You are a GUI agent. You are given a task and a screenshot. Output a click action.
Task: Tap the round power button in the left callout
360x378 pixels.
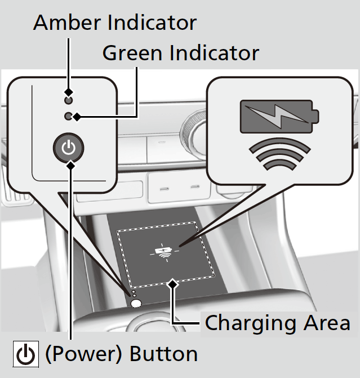coord(68,148)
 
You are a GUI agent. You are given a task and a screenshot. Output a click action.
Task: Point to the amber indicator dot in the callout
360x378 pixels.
coord(68,100)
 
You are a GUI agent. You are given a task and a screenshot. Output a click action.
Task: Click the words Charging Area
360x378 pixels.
coord(277,323)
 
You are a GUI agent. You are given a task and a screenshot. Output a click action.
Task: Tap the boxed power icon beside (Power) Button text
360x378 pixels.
coord(25,354)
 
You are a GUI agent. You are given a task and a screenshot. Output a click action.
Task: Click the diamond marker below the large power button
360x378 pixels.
coord(69,164)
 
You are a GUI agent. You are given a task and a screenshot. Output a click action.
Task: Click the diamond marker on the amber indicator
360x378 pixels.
coord(68,91)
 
